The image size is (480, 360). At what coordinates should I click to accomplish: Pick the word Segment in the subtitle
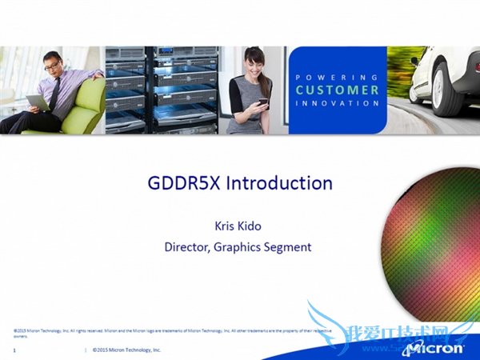289,246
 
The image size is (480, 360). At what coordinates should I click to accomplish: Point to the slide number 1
15,350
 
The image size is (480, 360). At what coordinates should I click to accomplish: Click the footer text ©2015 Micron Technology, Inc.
126,350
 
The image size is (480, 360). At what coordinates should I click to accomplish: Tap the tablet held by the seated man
37,102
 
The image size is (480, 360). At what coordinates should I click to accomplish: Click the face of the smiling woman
255,63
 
